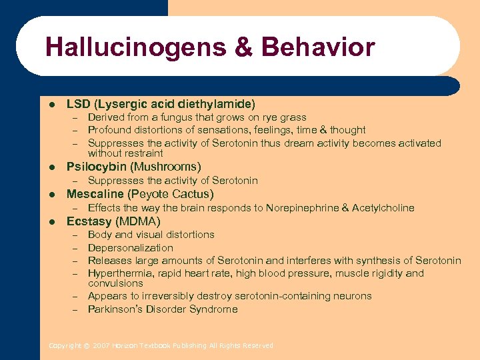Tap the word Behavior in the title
(x=319, y=47)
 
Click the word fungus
(x=179, y=117)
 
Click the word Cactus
(x=191, y=194)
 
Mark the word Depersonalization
(x=130, y=248)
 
